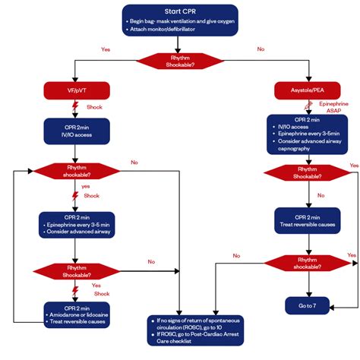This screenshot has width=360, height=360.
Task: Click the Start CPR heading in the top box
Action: (x=179, y=11)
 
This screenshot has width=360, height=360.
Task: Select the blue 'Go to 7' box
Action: (x=308, y=306)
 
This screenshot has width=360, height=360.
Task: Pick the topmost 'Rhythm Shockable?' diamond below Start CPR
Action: (x=179, y=62)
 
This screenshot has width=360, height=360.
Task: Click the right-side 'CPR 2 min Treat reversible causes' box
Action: (x=308, y=221)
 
